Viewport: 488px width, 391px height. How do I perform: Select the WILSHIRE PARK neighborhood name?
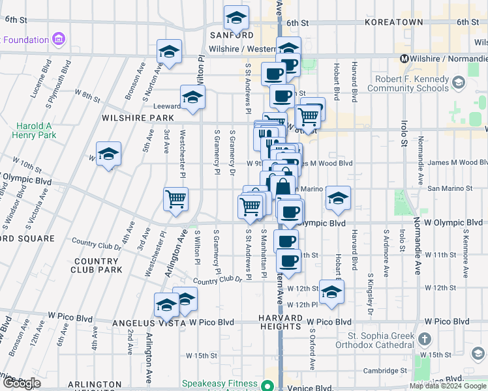pyautogui.click(x=138, y=118)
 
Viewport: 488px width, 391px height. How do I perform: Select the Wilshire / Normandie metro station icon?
pyautogui.click(x=404, y=58)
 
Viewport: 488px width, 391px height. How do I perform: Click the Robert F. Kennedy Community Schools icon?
pyautogui.click(x=459, y=83)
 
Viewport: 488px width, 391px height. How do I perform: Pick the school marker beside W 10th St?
pyautogui.click(x=108, y=154)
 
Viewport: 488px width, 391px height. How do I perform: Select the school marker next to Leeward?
pyautogui.click(x=192, y=98)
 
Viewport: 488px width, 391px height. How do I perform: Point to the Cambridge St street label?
pyautogui.click(x=386, y=370)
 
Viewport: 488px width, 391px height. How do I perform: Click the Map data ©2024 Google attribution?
pyautogui.click(x=447, y=386)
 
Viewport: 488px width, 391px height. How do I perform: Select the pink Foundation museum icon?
pyautogui.click(x=59, y=39)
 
